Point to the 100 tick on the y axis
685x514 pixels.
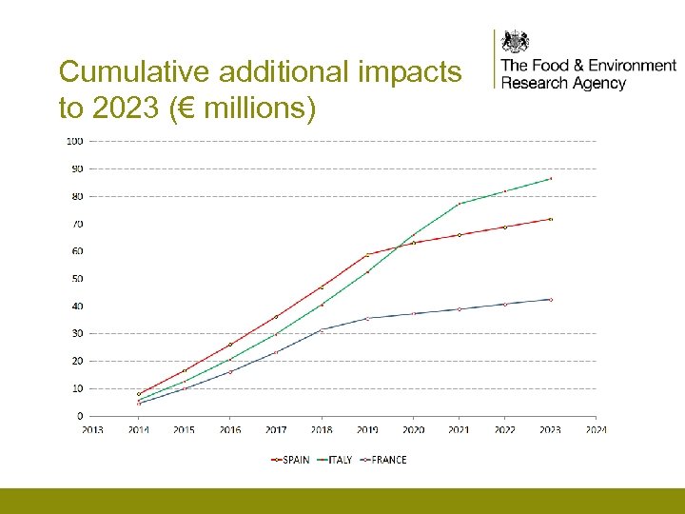(74, 141)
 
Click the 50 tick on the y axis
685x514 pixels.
(76, 279)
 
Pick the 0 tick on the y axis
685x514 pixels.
(79, 416)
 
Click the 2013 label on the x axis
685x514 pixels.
(92, 430)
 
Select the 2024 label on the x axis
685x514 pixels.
(596, 430)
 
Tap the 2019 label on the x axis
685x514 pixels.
(367, 430)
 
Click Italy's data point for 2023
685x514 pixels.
(550, 178)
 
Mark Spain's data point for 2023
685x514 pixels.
(550, 219)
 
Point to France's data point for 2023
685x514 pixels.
(550, 300)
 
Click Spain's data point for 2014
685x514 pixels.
(139, 394)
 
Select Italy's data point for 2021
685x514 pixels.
(459, 204)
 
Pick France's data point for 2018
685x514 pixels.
(322, 329)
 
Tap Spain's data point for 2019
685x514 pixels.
(367, 254)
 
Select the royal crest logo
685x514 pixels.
(515, 42)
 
